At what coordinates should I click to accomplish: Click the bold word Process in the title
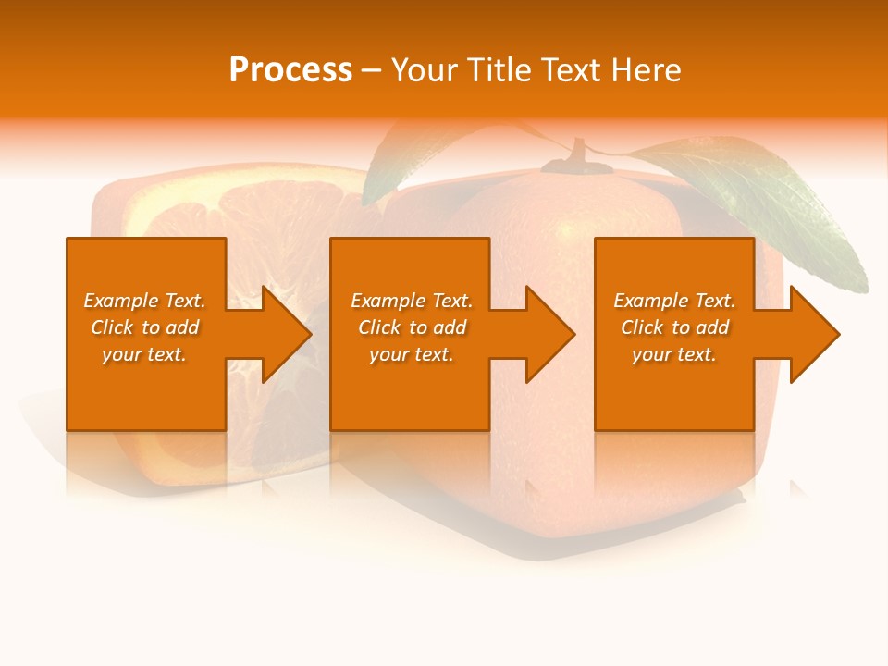290,70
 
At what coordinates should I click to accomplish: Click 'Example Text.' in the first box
144,301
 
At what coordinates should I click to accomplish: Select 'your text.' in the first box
144,354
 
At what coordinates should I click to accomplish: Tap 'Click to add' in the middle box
412,327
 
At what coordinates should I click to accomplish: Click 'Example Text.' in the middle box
412,301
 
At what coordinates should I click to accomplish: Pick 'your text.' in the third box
674,354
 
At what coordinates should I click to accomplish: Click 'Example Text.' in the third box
674,301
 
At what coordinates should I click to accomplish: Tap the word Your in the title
425,70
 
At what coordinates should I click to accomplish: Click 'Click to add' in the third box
674,327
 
